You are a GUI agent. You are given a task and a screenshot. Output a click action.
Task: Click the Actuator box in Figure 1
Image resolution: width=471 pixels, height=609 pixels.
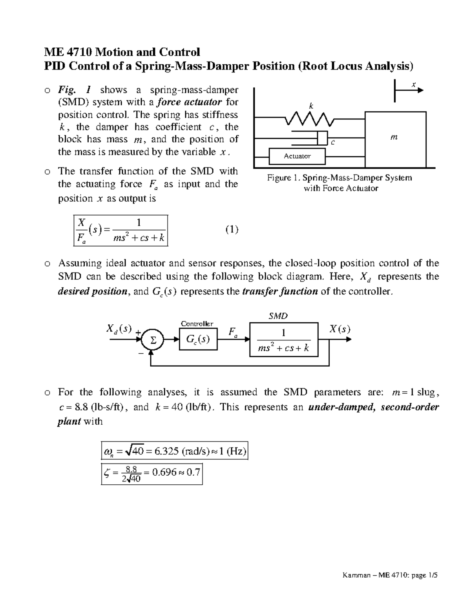click(x=297, y=156)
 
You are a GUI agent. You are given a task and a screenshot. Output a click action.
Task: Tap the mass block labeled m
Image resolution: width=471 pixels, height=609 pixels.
click(x=396, y=140)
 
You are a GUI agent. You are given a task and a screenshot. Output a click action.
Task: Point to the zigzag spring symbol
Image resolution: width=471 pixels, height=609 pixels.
click(x=310, y=118)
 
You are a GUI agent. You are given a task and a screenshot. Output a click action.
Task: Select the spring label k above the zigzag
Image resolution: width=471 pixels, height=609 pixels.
click(x=311, y=106)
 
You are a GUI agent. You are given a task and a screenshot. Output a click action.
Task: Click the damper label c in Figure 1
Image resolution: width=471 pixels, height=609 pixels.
click(x=333, y=142)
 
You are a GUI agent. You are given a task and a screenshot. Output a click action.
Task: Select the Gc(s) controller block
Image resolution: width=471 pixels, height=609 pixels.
click(x=198, y=340)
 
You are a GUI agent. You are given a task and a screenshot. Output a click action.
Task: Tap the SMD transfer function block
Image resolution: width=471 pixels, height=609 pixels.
click(x=284, y=340)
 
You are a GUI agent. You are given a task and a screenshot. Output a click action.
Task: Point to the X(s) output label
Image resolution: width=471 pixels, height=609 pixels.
click(x=339, y=329)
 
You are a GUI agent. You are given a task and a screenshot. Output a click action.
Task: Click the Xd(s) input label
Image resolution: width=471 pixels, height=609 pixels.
click(x=119, y=329)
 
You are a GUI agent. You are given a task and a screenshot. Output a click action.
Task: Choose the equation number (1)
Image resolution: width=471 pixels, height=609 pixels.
click(x=232, y=229)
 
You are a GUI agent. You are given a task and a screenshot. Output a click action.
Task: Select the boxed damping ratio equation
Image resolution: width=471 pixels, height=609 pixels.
click(x=152, y=474)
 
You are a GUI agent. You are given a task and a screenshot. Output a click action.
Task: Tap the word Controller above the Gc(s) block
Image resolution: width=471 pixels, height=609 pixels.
click(x=197, y=324)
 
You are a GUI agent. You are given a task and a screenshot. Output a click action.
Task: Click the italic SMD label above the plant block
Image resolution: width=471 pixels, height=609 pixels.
click(x=278, y=316)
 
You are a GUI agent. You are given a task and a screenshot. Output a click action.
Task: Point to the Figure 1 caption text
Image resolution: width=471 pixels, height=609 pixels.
click(x=340, y=183)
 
